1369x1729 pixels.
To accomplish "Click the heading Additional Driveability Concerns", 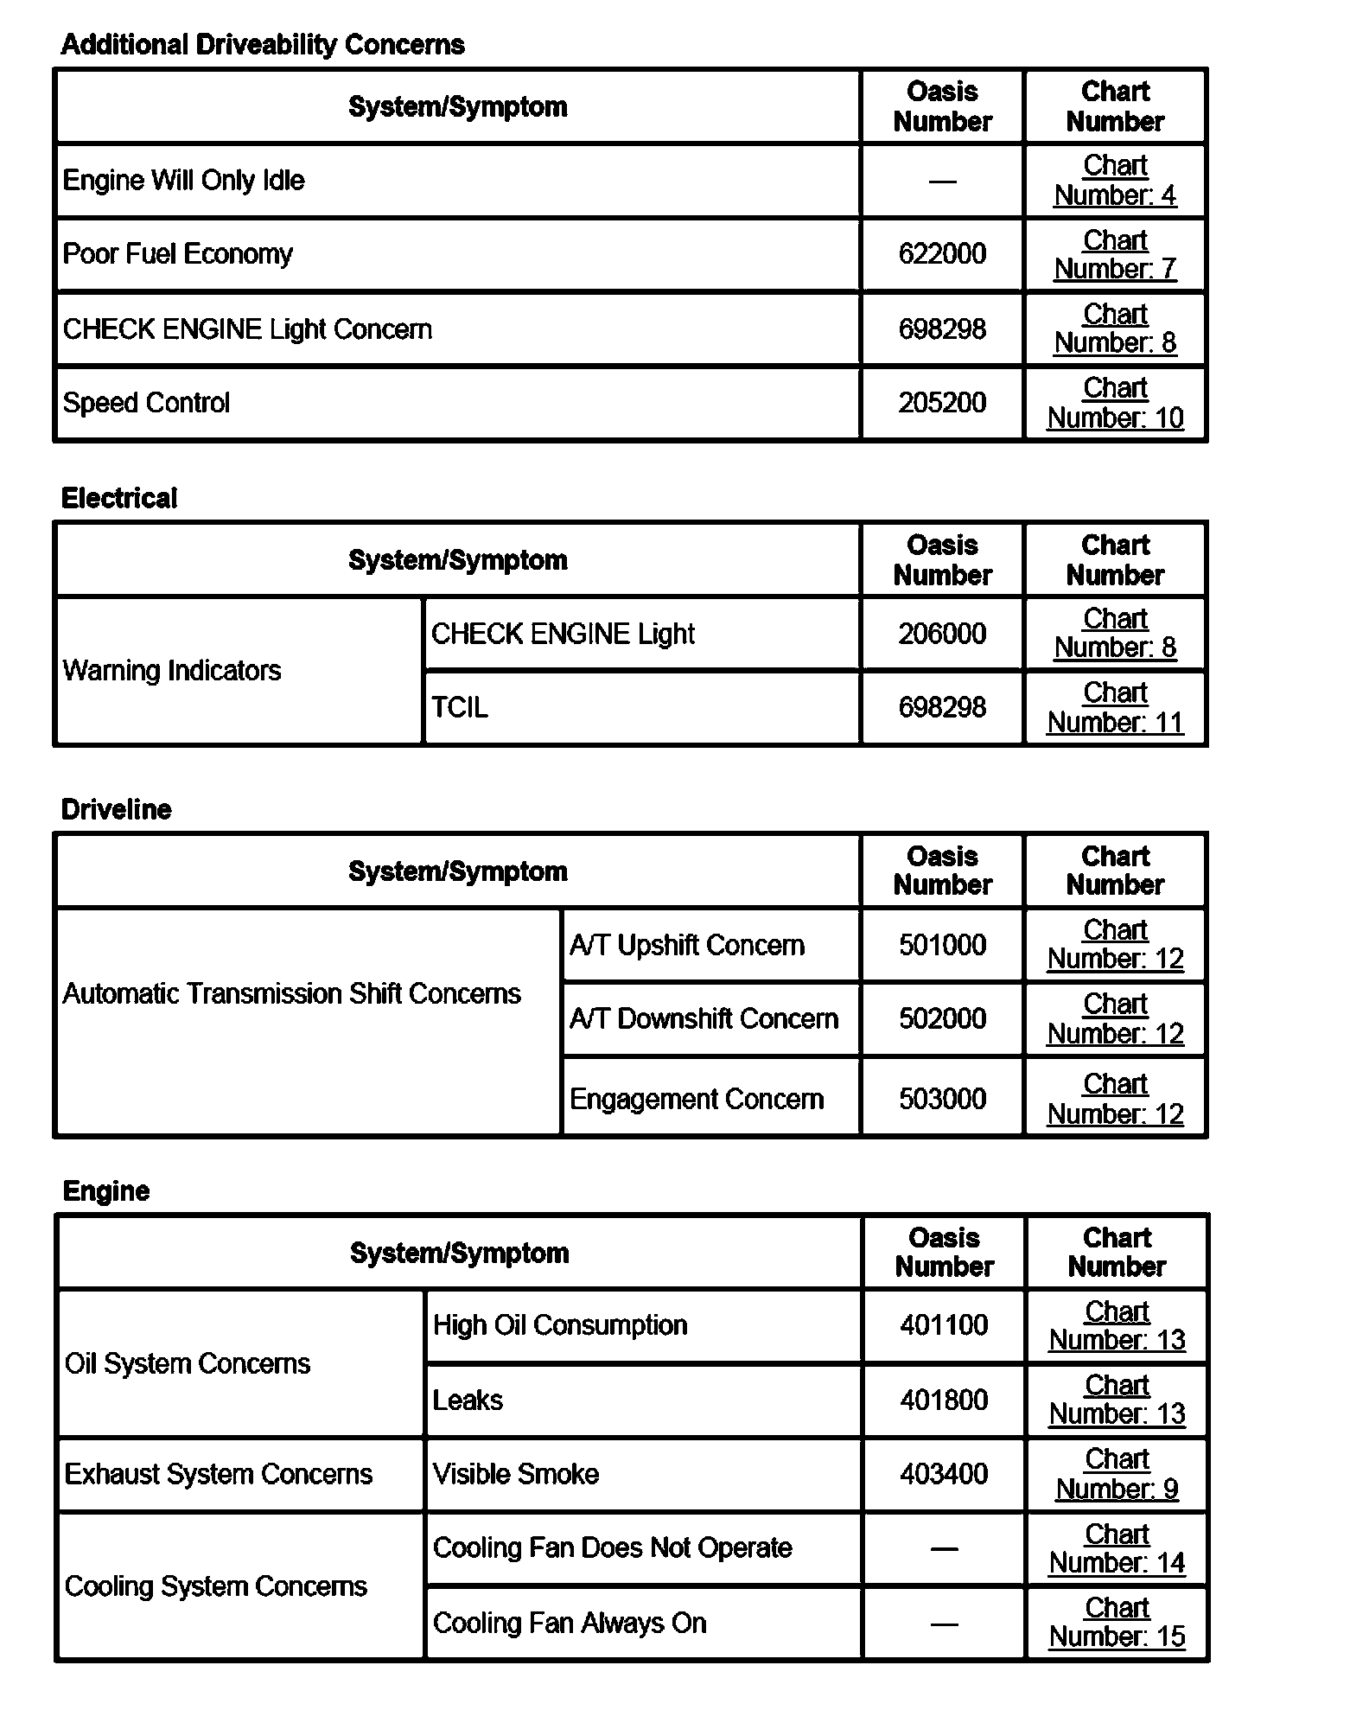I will [x=263, y=45].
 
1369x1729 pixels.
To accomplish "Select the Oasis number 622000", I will [x=942, y=254].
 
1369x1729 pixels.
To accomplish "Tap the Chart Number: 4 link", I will [x=1115, y=181].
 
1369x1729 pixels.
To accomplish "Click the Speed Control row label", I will [x=146, y=403].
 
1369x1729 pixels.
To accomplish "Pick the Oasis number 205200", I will [x=942, y=403].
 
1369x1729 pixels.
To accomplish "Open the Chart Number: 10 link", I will [x=1115, y=404].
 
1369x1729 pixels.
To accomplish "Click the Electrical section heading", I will [x=119, y=499].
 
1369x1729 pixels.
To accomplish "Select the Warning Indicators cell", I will [x=172, y=671].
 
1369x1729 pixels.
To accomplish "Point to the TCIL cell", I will [x=460, y=708].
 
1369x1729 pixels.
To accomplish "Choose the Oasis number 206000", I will [x=942, y=634].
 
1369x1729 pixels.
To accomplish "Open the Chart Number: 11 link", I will [x=1115, y=708].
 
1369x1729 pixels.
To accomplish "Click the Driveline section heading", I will [x=117, y=810].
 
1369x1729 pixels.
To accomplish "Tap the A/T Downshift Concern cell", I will [x=704, y=1019].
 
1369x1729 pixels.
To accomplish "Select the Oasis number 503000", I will [x=942, y=1099].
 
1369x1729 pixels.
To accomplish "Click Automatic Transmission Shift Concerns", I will [x=292, y=994].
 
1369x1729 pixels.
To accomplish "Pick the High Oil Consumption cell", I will [x=560, y=1325].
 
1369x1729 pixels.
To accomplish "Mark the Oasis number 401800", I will [x=944, y=1400].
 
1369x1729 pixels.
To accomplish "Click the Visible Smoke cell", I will [x=516, y=1474].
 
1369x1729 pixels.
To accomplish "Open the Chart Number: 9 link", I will [x=1117, y=1474].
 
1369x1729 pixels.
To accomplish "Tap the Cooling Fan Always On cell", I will [x=570, y=1624].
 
